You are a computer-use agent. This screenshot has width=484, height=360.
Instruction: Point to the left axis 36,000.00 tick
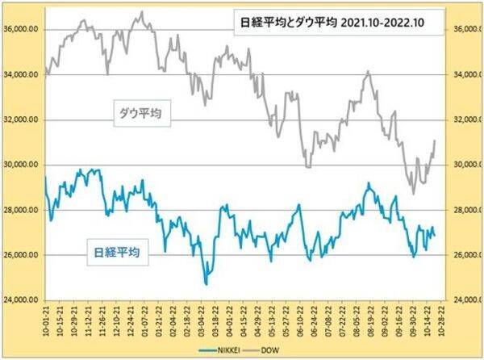(x=22, y=30)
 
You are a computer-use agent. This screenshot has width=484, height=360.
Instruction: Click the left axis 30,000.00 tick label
(x=22, y=165)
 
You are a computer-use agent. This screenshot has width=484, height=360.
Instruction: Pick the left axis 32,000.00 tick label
(x=22, y=119)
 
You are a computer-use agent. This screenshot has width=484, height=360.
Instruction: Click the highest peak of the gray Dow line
(x=142, y=12)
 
